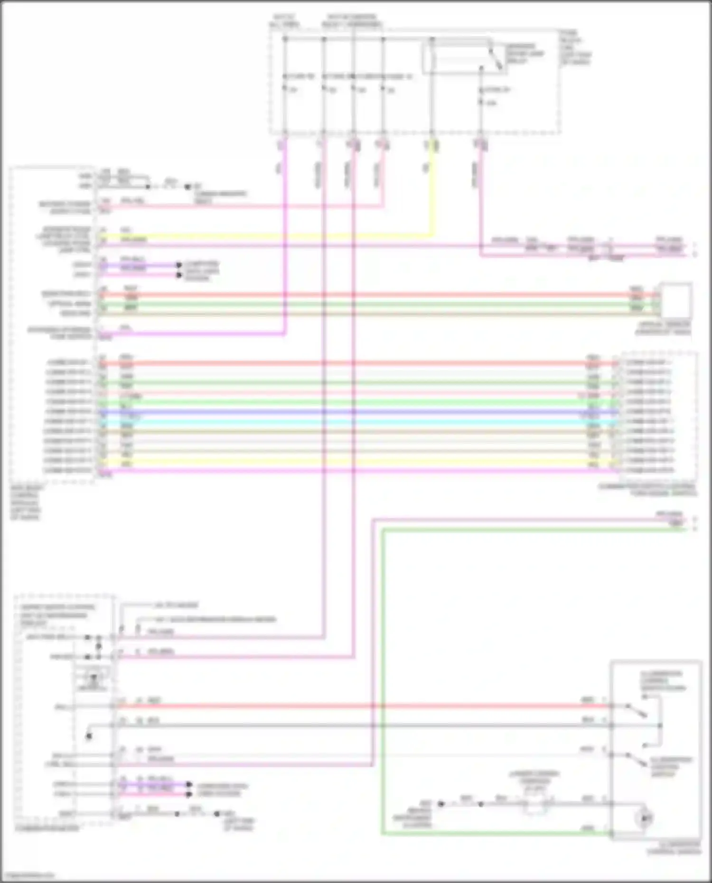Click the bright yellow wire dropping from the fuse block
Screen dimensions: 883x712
pyautogui.click(x=431, y=190)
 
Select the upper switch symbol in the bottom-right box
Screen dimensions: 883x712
pyautogui.click(x=636, y=710)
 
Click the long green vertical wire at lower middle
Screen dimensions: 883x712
pyautogui.click(x=382, y=679)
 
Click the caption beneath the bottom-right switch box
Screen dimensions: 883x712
pyautogui.click(x=674, y=848)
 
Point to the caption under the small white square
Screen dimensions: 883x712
pyautogui.click(x=663, y=328)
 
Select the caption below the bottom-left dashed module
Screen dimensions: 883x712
pyautogui.click(x=47, y=828)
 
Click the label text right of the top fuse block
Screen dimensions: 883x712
pyautogui.click(x=575, y=47)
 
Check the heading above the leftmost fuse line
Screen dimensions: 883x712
pyautogui.click(x=284, y=20)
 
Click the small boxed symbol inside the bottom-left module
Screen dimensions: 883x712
pyautogui.click(x=93, y=677)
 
